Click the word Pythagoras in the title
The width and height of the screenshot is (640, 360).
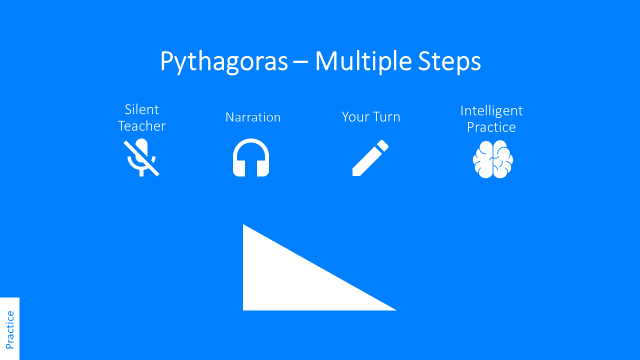(223, 62)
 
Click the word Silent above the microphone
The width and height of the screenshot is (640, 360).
(141, 109)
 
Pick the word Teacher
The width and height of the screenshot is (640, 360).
(141, 126)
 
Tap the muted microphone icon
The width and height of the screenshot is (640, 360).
(141, 158)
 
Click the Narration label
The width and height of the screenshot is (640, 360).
(253, 117)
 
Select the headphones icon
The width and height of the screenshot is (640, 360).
(251, 158)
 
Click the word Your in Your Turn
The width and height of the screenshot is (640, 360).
(353, 117)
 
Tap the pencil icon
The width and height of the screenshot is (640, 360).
(370, 158)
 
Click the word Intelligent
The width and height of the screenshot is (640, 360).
(491, 110)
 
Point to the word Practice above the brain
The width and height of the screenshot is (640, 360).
(491, 127)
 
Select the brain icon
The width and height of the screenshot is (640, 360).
(493, 159)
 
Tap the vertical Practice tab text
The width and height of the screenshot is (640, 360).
(9, 329)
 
